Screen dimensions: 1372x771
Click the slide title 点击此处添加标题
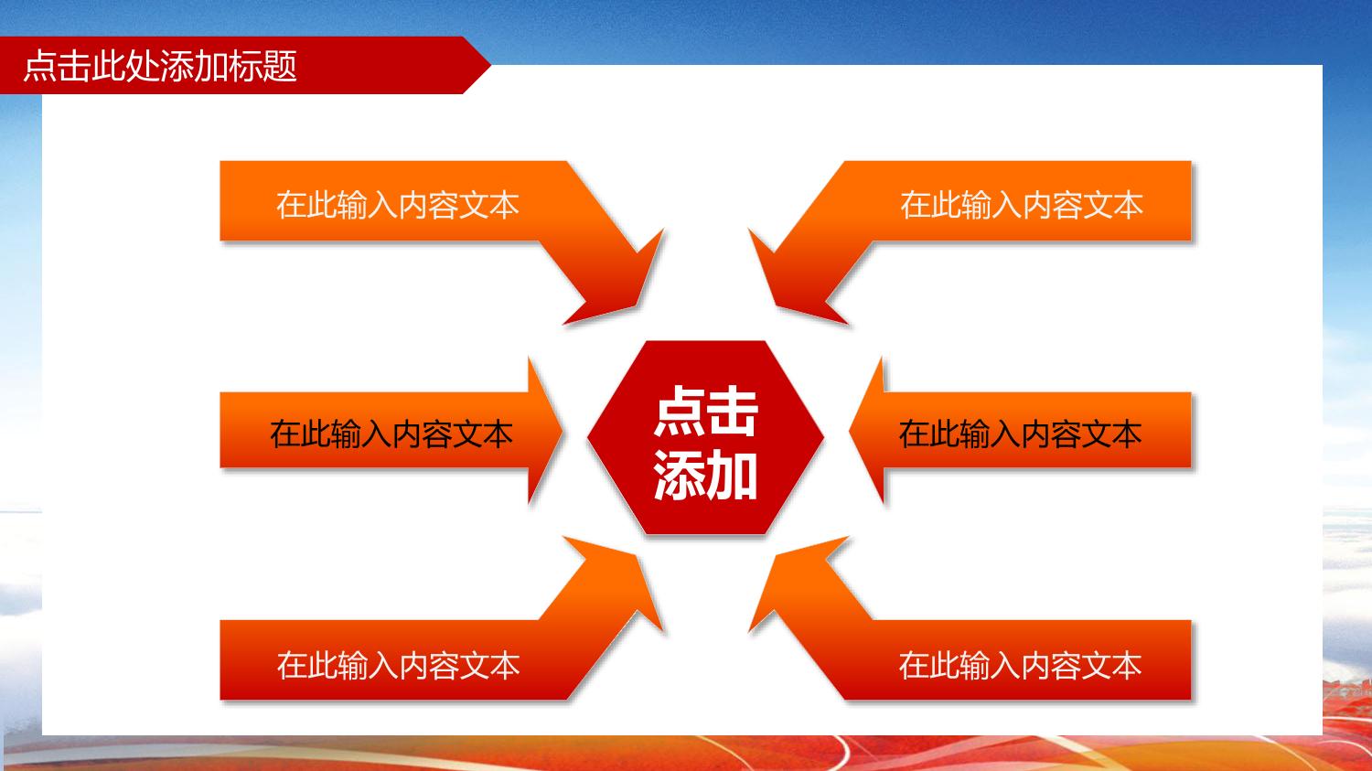[x=160, y=66]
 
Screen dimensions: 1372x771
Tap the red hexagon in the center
[x=705, y=437]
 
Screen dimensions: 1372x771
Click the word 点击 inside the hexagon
[x=705, y=411]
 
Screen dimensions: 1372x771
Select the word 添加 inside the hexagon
[x=705, y=476]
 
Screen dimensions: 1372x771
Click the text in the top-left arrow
[x=398, y=205]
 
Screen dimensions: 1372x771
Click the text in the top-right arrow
[x=1021, y=205]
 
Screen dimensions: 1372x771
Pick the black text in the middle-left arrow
[x=391, y=434]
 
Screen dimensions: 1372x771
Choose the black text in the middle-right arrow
[x=1020, y=434]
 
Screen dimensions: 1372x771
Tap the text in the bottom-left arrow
[x=398, y=666]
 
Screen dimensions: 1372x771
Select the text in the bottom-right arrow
[x=1020, y=666]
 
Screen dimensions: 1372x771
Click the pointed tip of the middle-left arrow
[x=562, y=431]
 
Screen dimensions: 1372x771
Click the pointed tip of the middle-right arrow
[x=850, y=431]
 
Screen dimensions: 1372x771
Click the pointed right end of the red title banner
[x=490, y=65]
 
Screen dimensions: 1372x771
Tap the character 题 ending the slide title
[x=281, y=66]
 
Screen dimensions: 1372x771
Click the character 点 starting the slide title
[x=40, y=66]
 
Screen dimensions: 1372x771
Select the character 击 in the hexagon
[x=734, y=411]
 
